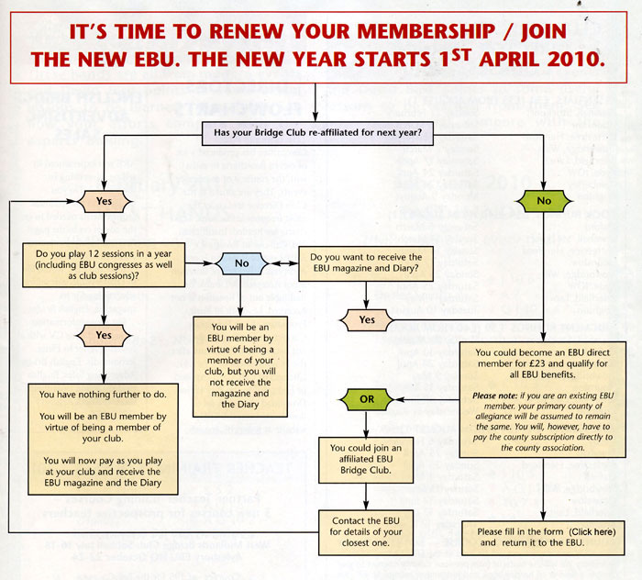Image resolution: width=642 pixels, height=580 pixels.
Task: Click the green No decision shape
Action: [545, 198]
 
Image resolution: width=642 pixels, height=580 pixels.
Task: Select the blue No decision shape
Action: [241, 263]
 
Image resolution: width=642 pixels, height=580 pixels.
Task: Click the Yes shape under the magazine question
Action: [365, 320]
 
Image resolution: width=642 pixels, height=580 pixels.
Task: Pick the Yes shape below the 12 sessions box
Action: [103, 336]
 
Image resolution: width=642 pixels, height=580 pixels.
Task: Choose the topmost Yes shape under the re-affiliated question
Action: [103, 198]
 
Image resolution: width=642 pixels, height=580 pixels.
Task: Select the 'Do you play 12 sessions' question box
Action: [103, 263]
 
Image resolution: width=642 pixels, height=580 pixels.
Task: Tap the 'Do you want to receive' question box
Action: [366, 263]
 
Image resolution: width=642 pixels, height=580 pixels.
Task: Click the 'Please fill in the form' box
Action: [543, 536]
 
